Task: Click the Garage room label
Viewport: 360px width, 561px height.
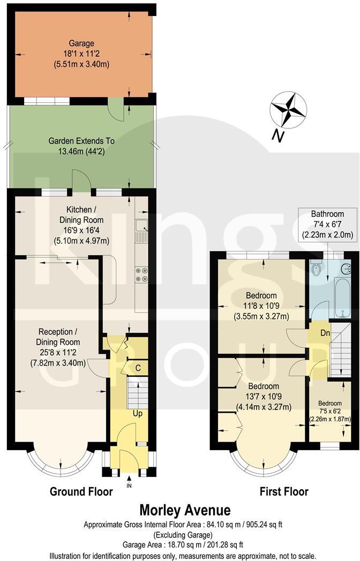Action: point(81,54)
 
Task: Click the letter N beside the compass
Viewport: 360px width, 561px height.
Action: point(277,137)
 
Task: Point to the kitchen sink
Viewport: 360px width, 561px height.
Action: point(141,231)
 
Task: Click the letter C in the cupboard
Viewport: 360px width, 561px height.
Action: point(138,368)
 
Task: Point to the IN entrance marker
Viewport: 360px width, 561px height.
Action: point(129,486)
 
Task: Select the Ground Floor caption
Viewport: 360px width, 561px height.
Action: point(81,491)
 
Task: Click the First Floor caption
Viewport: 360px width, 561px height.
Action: point(284,491)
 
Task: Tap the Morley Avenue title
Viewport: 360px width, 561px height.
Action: point(185,510)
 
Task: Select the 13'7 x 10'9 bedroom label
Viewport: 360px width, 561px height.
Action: point(262,396)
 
